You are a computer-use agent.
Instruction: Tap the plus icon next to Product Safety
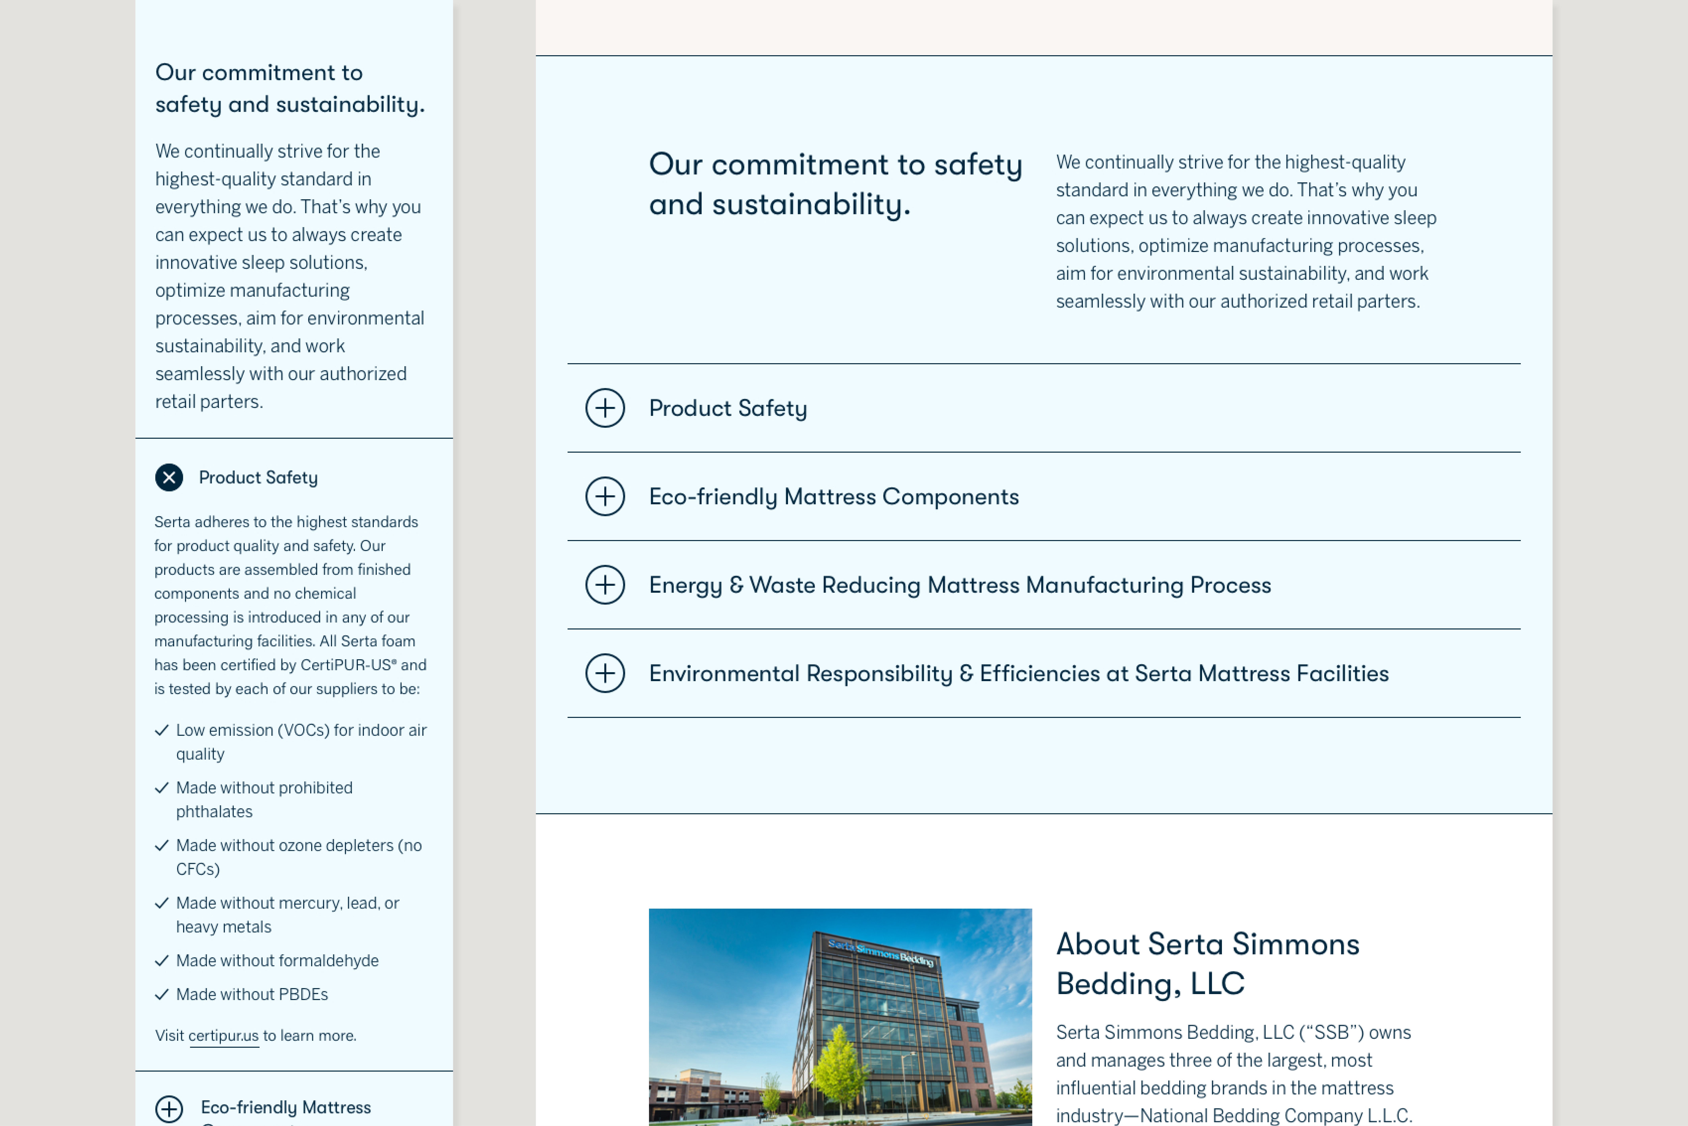pos(605,408)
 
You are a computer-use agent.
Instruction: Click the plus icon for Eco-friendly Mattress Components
pos(605,496)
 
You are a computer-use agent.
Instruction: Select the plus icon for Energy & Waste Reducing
pos(605,585)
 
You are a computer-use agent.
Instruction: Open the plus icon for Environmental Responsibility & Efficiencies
pos(605,673)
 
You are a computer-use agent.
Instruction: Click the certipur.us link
pos(223,1036)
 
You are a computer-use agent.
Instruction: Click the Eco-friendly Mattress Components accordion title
pos(833,496)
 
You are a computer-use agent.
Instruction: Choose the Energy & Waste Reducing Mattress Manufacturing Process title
pos(960,585)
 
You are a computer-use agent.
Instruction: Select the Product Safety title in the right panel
pos(728,408)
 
